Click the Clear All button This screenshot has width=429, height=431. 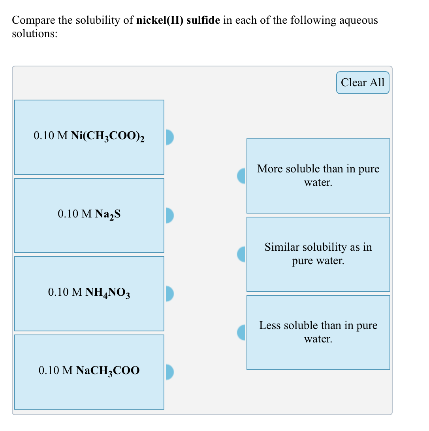363,83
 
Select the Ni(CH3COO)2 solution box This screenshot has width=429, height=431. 89,137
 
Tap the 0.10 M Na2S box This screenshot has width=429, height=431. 89,215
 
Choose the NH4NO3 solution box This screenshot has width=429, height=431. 89,293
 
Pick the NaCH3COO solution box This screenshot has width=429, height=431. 89,372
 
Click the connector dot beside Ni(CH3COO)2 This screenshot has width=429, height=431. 169,137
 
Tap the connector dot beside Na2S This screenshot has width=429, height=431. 169,215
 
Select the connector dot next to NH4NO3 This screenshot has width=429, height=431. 169,294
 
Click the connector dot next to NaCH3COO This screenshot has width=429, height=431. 169,372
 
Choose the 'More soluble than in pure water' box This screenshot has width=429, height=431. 318,176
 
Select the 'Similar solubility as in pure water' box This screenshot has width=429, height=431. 318,254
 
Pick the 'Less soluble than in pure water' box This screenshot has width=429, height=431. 318,332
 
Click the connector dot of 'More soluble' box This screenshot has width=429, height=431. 241,176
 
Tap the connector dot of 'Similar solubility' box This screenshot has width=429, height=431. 241,254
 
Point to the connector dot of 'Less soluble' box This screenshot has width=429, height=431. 241,333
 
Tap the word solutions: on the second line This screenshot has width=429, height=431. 34,34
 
